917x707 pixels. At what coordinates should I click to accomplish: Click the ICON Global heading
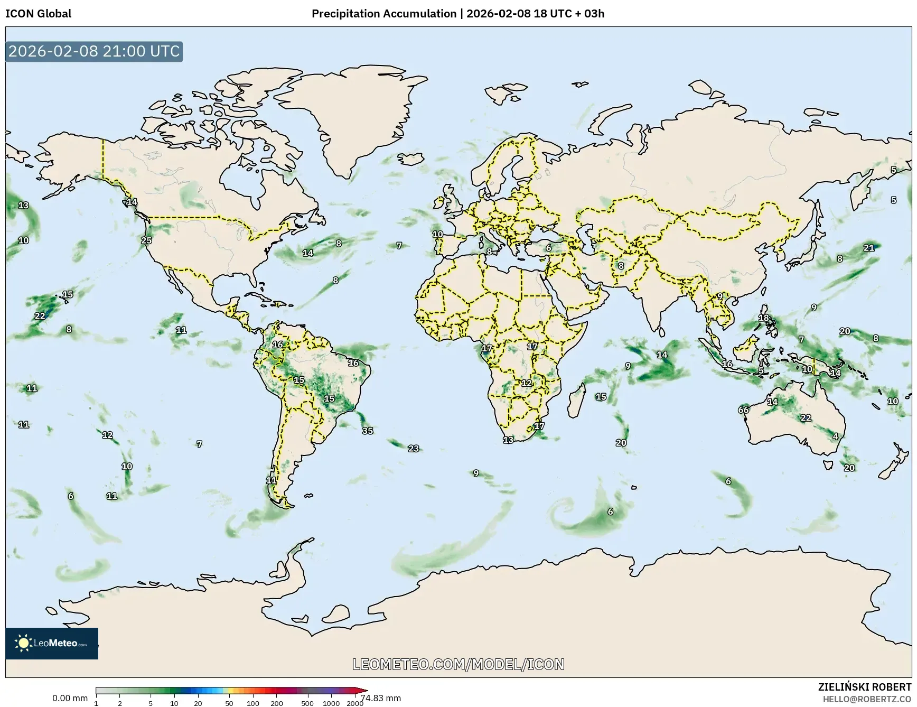tap(38, 14)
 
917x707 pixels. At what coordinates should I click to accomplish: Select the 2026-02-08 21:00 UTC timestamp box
tap(94, 51)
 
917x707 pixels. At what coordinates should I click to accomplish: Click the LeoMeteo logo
tap(52, 643)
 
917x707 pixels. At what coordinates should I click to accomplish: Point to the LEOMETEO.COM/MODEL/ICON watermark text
tap(458, 664)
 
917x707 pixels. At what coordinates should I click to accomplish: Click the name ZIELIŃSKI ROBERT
tap(864, 687)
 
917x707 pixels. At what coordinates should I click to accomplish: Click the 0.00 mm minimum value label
tap(70, 698)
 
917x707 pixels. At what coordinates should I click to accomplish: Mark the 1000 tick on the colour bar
tap(331, 703)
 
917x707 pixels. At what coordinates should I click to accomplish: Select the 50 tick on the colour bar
tap(229, 703)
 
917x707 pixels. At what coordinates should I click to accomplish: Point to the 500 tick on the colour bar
tap(307, 703)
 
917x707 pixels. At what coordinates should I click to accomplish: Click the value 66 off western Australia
tap(743, 410)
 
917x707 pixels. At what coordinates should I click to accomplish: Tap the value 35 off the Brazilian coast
tap(368, 431)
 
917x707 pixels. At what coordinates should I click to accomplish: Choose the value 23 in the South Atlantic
tap(414, 449)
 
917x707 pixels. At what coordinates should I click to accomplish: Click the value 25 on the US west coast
tap(146, 240)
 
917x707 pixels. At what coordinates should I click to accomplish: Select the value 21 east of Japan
tap(869, 248)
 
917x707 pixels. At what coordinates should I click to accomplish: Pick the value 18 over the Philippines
tap(764, 318)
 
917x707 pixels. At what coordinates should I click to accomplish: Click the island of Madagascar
tap(576, 399)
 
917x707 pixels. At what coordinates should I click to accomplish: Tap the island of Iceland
tap(411, 158)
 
